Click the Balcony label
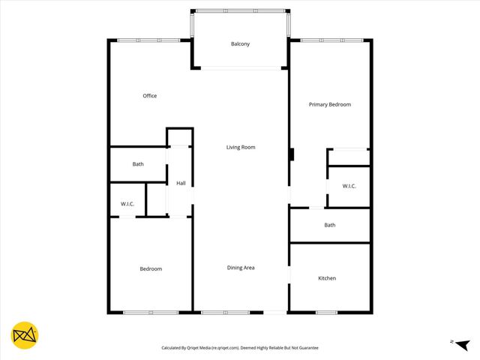tap(240, 44)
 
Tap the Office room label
tap(150, 96)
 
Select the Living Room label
tap(241, 147)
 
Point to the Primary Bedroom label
tap(330, 105)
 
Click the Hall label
tap(181, 183)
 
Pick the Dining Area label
tap(241, 267)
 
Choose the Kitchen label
tap(327, 278)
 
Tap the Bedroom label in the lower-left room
tap(151, 268)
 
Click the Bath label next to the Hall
tap(138, 164)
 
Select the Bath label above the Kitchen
tap(330, 225)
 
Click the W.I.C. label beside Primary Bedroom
tap(349, 186)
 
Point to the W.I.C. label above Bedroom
tap(127, 204)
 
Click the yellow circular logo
tap(25, 335)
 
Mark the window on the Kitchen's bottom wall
tap(326, 312)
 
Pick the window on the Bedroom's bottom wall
tap(150, 312)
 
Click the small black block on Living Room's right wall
tap(292, 155)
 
